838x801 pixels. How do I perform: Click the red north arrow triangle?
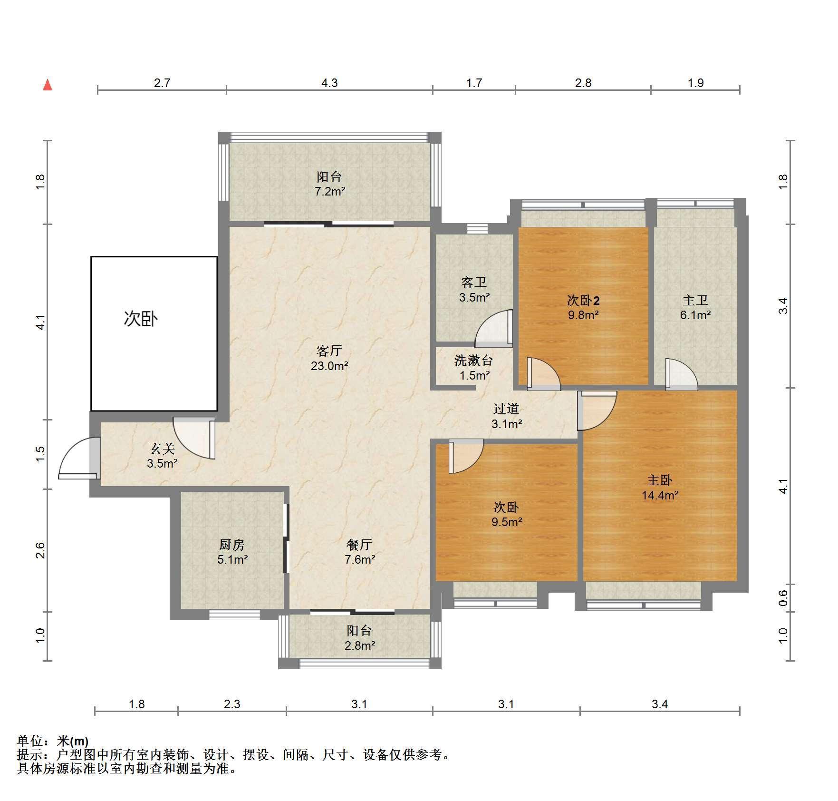48,85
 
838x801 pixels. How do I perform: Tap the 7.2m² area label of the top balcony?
330,192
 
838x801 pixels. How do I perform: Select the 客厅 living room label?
329,351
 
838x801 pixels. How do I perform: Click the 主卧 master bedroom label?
660,480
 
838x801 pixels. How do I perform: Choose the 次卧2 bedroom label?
583,300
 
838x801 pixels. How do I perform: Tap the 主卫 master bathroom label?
695,300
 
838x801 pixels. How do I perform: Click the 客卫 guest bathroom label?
474,283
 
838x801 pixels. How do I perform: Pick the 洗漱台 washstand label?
474,361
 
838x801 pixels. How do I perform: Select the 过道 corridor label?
506,409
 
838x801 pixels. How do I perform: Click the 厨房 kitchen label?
232,545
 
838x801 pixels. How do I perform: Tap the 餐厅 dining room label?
359,545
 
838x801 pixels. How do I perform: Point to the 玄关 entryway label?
163,449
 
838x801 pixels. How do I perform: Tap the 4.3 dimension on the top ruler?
329,83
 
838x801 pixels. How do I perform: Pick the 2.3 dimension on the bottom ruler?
232,704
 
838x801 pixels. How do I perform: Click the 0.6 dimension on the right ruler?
783,597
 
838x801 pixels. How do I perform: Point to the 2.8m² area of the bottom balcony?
360,645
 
